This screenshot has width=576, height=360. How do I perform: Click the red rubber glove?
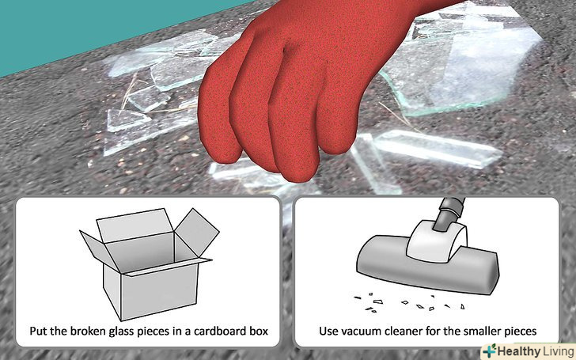click(x=294, y=88)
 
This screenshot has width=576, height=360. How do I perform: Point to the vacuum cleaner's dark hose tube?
click(x=447, y=214)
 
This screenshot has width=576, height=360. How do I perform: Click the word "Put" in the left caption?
click(x=38, y=331)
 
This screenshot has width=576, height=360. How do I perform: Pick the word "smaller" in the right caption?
click(x=486, y=331)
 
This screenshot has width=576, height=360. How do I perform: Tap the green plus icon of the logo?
click(x=490, y=351)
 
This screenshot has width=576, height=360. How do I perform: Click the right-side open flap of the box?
click(x=197, y=232)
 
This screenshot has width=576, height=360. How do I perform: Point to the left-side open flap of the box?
click(x=100, y=250)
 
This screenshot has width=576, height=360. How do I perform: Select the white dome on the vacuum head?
click(x=437, y=241)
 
